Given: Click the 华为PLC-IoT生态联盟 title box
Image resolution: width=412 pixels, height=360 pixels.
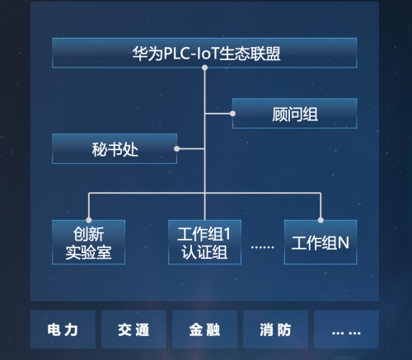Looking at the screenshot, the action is point(204,53).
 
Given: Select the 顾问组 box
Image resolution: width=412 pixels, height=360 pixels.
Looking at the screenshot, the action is point(295,114).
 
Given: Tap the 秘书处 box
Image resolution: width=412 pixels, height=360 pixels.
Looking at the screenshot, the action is point(115,149).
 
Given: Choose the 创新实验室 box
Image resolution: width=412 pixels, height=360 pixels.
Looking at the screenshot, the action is point(88,242).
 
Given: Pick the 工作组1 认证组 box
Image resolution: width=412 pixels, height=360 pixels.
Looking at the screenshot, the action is point(204,242).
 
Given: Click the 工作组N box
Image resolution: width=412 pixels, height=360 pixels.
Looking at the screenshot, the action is point(321,242).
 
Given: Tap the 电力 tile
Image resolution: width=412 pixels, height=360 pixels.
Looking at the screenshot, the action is point(63,330).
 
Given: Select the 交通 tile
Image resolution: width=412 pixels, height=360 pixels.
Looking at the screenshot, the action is point(133,330).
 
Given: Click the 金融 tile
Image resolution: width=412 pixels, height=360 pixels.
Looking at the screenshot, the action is point(204,330).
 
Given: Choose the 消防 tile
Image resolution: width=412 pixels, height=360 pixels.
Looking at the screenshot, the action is point(275,330).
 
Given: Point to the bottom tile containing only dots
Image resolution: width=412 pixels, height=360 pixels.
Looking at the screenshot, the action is point(346,330).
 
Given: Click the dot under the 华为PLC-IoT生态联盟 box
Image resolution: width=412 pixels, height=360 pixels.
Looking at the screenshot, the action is point(204,68).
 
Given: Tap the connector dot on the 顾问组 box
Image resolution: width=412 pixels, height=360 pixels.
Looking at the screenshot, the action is point(232,114).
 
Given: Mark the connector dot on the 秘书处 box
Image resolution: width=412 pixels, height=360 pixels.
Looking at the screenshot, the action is point(177,149).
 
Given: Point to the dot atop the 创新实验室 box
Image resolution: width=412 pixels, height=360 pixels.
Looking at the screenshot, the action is point(89,220).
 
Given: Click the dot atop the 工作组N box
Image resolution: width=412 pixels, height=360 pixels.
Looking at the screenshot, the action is point(321,220).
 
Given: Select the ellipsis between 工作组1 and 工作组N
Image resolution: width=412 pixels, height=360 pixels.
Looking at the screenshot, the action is point(263,247).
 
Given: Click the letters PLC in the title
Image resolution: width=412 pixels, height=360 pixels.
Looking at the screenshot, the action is point(177,54).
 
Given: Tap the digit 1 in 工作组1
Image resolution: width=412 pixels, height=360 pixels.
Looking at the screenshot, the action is point(227,234).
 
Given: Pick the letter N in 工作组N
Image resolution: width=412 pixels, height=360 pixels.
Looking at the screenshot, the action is point(344,243).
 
